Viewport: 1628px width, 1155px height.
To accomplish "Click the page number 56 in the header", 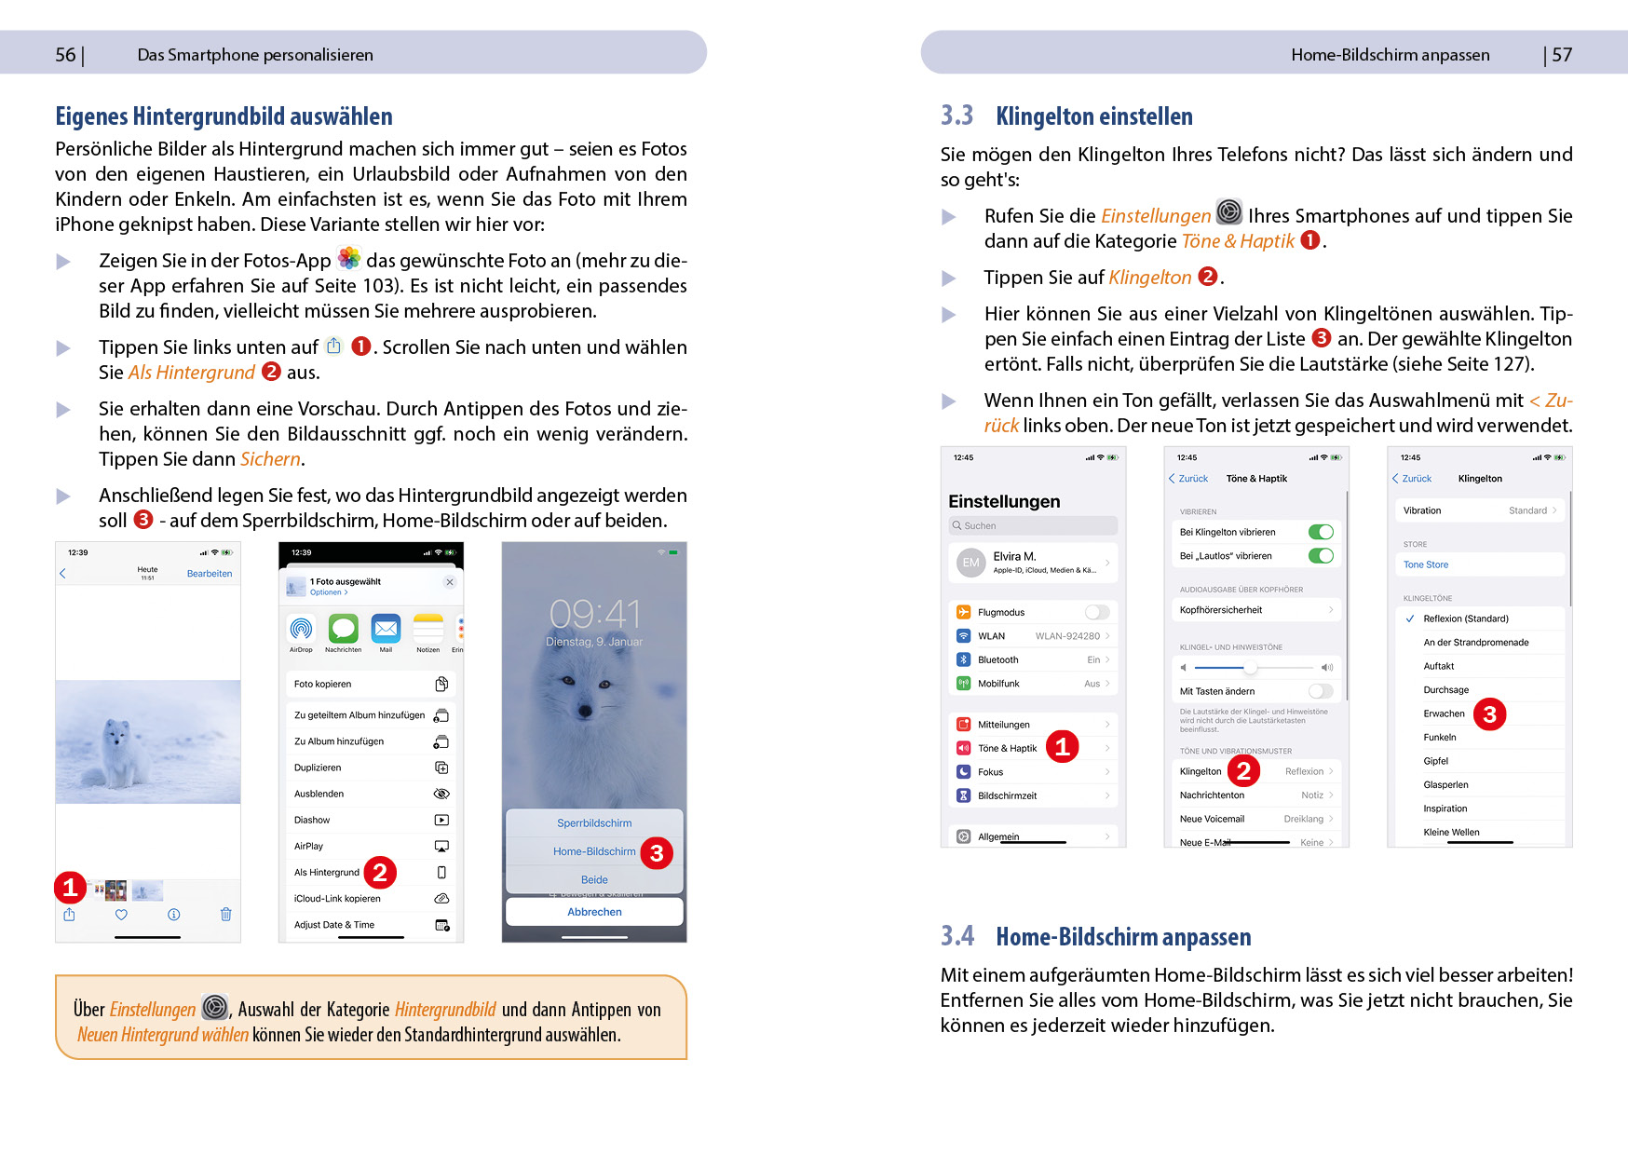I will [x=65, y=55].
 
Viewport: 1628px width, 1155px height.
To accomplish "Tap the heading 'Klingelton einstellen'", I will [x=1093, y=116].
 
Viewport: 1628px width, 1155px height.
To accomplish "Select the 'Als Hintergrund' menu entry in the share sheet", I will [x=327, y=873].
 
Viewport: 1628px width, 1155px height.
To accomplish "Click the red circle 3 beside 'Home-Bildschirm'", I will [x=657, y=853].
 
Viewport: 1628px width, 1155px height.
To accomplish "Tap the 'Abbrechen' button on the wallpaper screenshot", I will [x=594, y=912].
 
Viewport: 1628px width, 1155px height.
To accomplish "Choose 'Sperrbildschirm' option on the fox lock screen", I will [x=594, y=823].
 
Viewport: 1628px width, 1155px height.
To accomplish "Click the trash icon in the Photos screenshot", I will [x=225, y=915].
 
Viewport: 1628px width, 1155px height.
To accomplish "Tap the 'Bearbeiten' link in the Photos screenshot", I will [x=210, y=574].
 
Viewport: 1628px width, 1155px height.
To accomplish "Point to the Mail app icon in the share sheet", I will [x=386, y=629].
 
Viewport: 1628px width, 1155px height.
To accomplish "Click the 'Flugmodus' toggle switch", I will [x=1097, y=612].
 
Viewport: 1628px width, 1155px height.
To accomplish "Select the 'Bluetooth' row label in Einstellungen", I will [x=998, y=659].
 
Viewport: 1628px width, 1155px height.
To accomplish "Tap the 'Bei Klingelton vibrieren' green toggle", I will [x=1321, y=532].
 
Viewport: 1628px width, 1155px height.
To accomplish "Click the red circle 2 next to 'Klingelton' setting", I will [x=1243, y=770].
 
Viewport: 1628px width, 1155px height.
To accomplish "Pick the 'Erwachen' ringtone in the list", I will [x=1444, y=713].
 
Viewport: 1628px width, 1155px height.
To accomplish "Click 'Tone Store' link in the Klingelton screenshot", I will [x=1426, y=564].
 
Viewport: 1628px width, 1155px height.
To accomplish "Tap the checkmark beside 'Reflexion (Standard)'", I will [x=1410, y=618].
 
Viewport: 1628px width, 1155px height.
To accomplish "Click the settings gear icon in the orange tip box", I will [x=215, y=1008].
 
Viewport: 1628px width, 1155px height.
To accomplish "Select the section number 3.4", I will [x=956, y=936].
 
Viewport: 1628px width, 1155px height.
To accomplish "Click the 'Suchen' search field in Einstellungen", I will [x=1033, y=525].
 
